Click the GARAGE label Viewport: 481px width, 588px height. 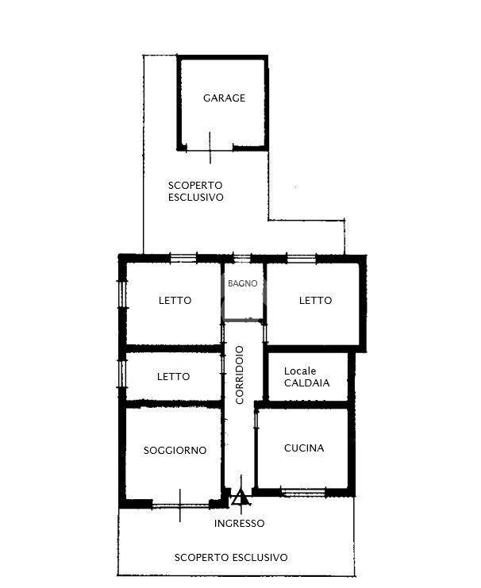(224, 98)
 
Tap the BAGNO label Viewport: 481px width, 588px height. (243, 283)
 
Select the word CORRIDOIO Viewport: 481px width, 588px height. (240, 375)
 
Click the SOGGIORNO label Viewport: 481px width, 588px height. (175, 451)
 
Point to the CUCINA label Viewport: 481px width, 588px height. (304, 448)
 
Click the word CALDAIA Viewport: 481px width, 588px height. (306, 383)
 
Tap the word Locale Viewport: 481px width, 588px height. (300, 371)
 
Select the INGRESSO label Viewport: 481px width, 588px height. (240, 524)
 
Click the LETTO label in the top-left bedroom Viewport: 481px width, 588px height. (175, 301)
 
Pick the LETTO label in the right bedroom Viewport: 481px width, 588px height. (316, 301)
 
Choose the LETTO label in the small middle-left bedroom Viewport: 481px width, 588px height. (173, 376)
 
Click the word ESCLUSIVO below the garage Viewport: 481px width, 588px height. (195, 198)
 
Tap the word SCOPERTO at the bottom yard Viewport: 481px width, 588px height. (202, 558)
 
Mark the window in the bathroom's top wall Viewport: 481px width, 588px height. (241, 259)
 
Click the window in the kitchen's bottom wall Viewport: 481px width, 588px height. (303, 492)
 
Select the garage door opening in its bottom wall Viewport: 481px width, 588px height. (210, 150)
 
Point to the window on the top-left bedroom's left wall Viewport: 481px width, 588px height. (122, 294)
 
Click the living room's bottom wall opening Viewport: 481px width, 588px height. (180, 506)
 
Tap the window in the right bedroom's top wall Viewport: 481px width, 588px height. (302, 259)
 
